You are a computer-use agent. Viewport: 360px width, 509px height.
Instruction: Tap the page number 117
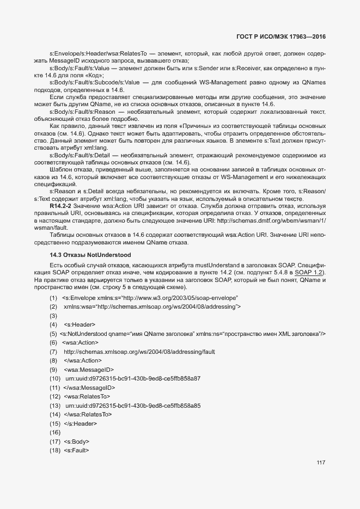coord(321,463)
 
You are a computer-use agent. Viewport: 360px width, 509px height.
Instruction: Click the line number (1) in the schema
coord(53,298)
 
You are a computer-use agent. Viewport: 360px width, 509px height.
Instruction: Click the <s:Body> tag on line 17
coord(76,441)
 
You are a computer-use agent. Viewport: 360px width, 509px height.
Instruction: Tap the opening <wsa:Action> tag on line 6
coord(81,342)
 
